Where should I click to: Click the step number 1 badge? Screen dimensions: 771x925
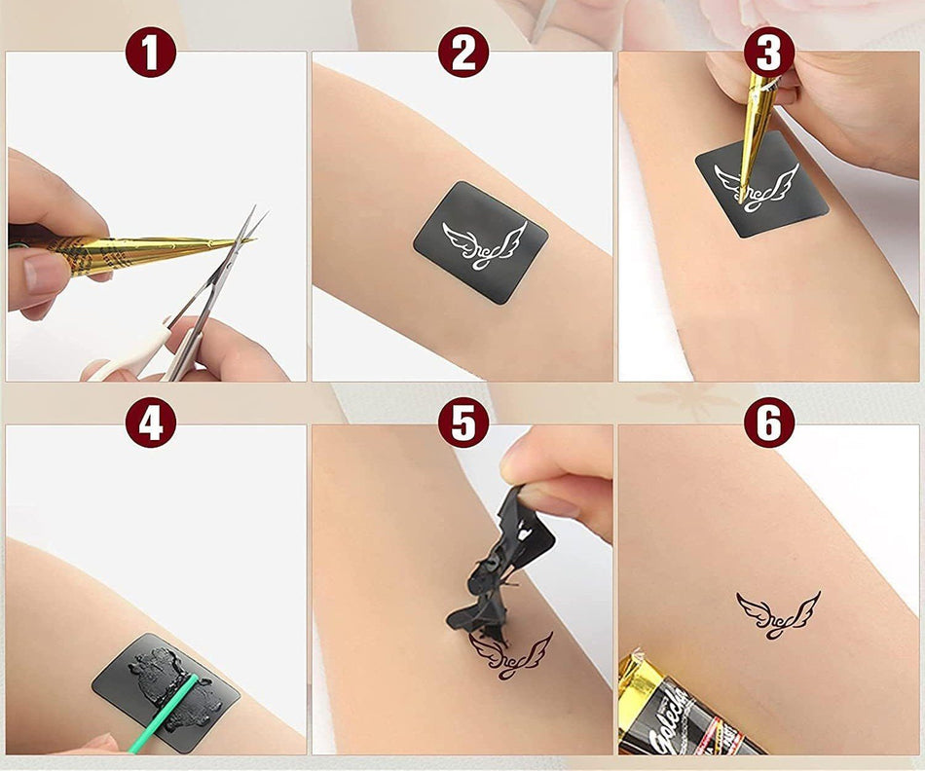coord(150,53)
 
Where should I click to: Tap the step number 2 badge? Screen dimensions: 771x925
coord(462,53)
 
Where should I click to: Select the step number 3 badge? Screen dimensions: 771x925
coord(768,53)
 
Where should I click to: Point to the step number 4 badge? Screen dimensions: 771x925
coord(150,423)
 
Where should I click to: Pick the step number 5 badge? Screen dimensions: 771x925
coord(462,423)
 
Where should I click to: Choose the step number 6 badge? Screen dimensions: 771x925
coord(768,423)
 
